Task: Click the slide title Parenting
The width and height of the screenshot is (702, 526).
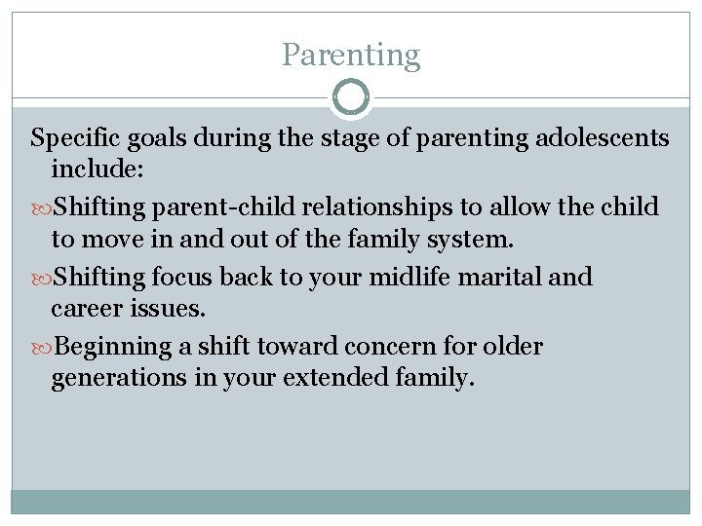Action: pos(351,55)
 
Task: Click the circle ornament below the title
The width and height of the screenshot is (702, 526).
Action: pos(351,98)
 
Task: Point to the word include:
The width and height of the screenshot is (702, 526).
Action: pos(97,170)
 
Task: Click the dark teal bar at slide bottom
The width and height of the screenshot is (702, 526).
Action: pos(351,501)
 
